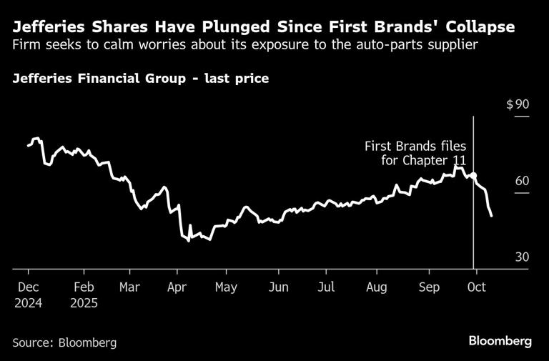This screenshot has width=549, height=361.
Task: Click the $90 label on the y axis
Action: tap(518, 104)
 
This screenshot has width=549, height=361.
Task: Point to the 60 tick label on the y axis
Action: tap(522, 180)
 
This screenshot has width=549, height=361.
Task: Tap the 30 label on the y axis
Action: tap(522, 257)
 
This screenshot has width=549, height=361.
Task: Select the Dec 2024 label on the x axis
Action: tap(28, 295)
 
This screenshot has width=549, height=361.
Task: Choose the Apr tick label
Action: tap(176, 287)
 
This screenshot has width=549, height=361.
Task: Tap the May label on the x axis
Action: tap(226, 287)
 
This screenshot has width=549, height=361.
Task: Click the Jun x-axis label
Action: tap(278, 287)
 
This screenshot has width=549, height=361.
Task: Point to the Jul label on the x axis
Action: tap(326, 287)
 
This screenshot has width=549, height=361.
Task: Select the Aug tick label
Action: tap(376, 287)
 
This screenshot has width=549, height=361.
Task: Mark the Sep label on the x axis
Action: tap(428, 287)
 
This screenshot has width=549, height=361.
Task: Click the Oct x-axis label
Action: tap(476, 287)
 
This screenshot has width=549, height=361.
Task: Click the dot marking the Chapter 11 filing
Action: tap(473, 175)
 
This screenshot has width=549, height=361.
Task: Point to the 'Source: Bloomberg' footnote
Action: tap(64, 342)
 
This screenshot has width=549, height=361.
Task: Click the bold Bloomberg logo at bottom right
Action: tap(500, 341)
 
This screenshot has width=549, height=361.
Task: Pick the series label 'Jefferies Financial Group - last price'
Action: tap(140, 78)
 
